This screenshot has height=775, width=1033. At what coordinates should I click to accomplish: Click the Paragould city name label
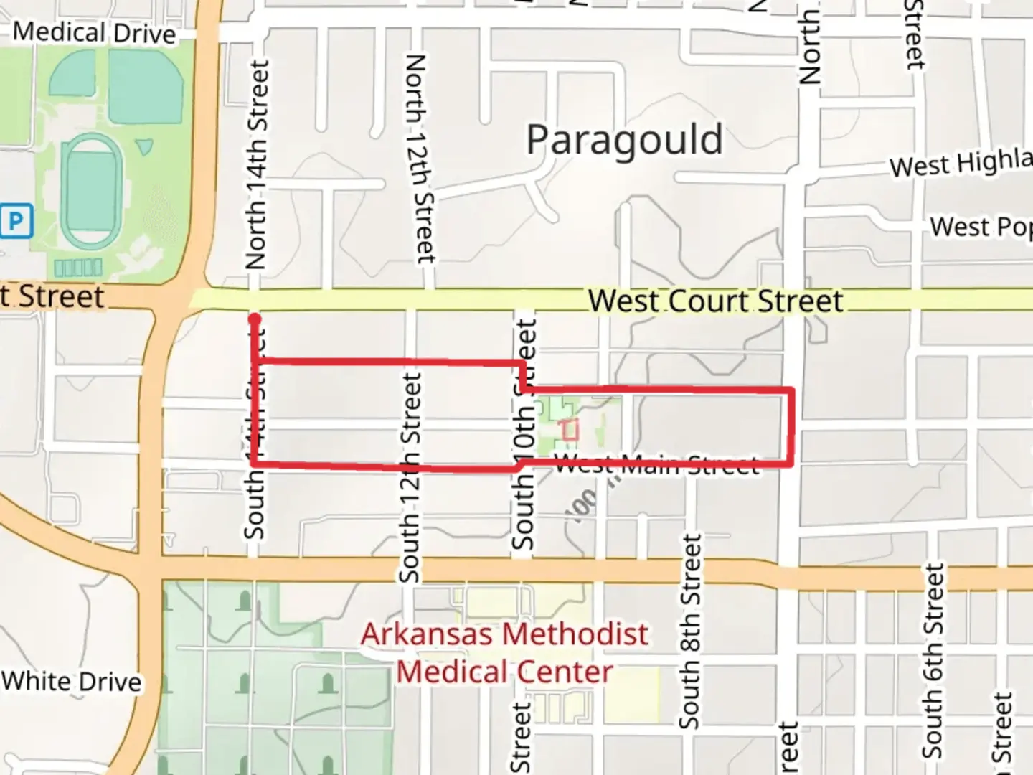624,141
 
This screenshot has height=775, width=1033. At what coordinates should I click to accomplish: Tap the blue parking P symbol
16,221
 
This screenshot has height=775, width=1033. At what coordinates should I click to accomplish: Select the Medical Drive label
94,33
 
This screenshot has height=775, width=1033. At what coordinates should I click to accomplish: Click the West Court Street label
715,301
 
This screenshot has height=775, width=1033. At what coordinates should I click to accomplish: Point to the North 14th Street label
257,165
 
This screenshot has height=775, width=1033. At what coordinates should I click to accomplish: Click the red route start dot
255,319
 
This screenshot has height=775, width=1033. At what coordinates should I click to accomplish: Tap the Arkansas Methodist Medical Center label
504,653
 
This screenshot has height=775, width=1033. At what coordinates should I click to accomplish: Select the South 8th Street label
689,631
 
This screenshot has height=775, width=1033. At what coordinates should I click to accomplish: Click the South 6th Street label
933,660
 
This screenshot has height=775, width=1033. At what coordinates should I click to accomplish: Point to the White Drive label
72,682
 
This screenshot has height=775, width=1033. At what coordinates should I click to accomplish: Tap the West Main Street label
656,465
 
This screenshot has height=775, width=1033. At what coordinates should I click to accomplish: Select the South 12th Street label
410,477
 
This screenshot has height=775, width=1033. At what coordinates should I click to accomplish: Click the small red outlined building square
570,431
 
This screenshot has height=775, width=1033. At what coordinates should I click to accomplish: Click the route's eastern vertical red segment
791,428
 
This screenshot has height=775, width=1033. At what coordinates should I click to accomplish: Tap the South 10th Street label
525,435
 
